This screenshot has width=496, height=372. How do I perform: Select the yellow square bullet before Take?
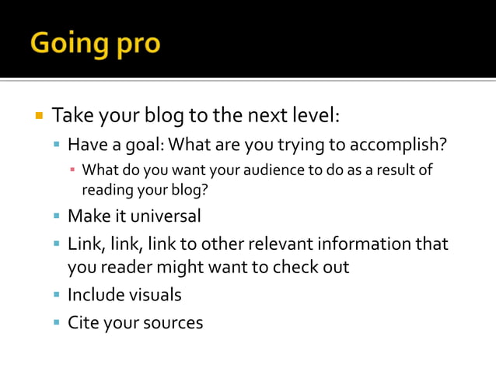tap(39, 117)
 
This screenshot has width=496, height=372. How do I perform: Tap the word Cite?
tap(82, 321)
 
